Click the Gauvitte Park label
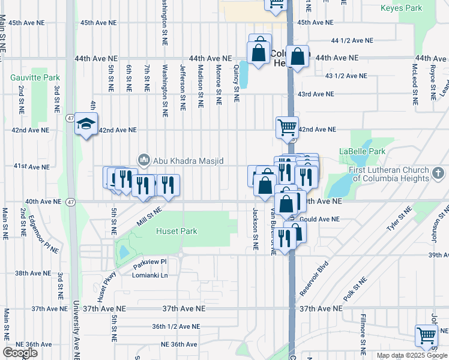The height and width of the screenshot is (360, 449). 35,78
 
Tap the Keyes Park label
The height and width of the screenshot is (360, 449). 402,8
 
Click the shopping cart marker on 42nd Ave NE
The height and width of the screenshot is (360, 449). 287,127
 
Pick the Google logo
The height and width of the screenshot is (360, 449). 20,353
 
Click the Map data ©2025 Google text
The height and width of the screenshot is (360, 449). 411,355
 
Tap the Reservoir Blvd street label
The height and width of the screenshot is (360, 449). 315,277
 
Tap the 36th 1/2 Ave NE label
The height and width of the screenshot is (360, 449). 176,326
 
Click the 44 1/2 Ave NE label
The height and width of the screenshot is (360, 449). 352,40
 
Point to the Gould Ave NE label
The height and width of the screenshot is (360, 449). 319,220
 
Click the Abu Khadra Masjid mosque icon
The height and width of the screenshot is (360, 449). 143,160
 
